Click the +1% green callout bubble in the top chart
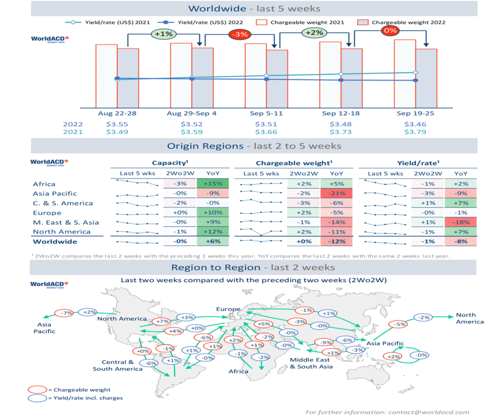click(163, 34)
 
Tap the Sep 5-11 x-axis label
click(267, 114)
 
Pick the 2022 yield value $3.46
click(415, 124)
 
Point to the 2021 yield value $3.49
click(117, 132)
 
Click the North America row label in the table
click(54, 232)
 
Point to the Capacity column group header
click(170, 163)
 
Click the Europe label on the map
click(228, 309)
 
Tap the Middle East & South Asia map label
click(310, 363)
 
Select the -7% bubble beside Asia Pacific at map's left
click(67, 313)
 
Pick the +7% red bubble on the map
click(163, 322)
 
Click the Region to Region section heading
click(253, 267)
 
